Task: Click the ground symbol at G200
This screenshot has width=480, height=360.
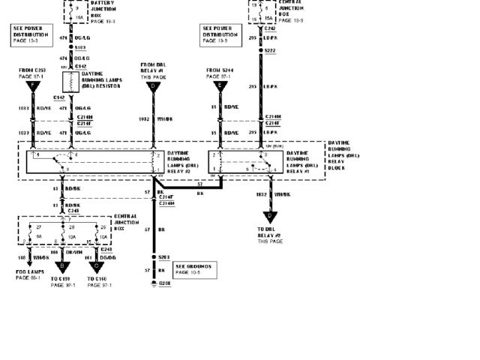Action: point(153,283)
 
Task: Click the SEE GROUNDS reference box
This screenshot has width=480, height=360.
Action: point(193,269)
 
